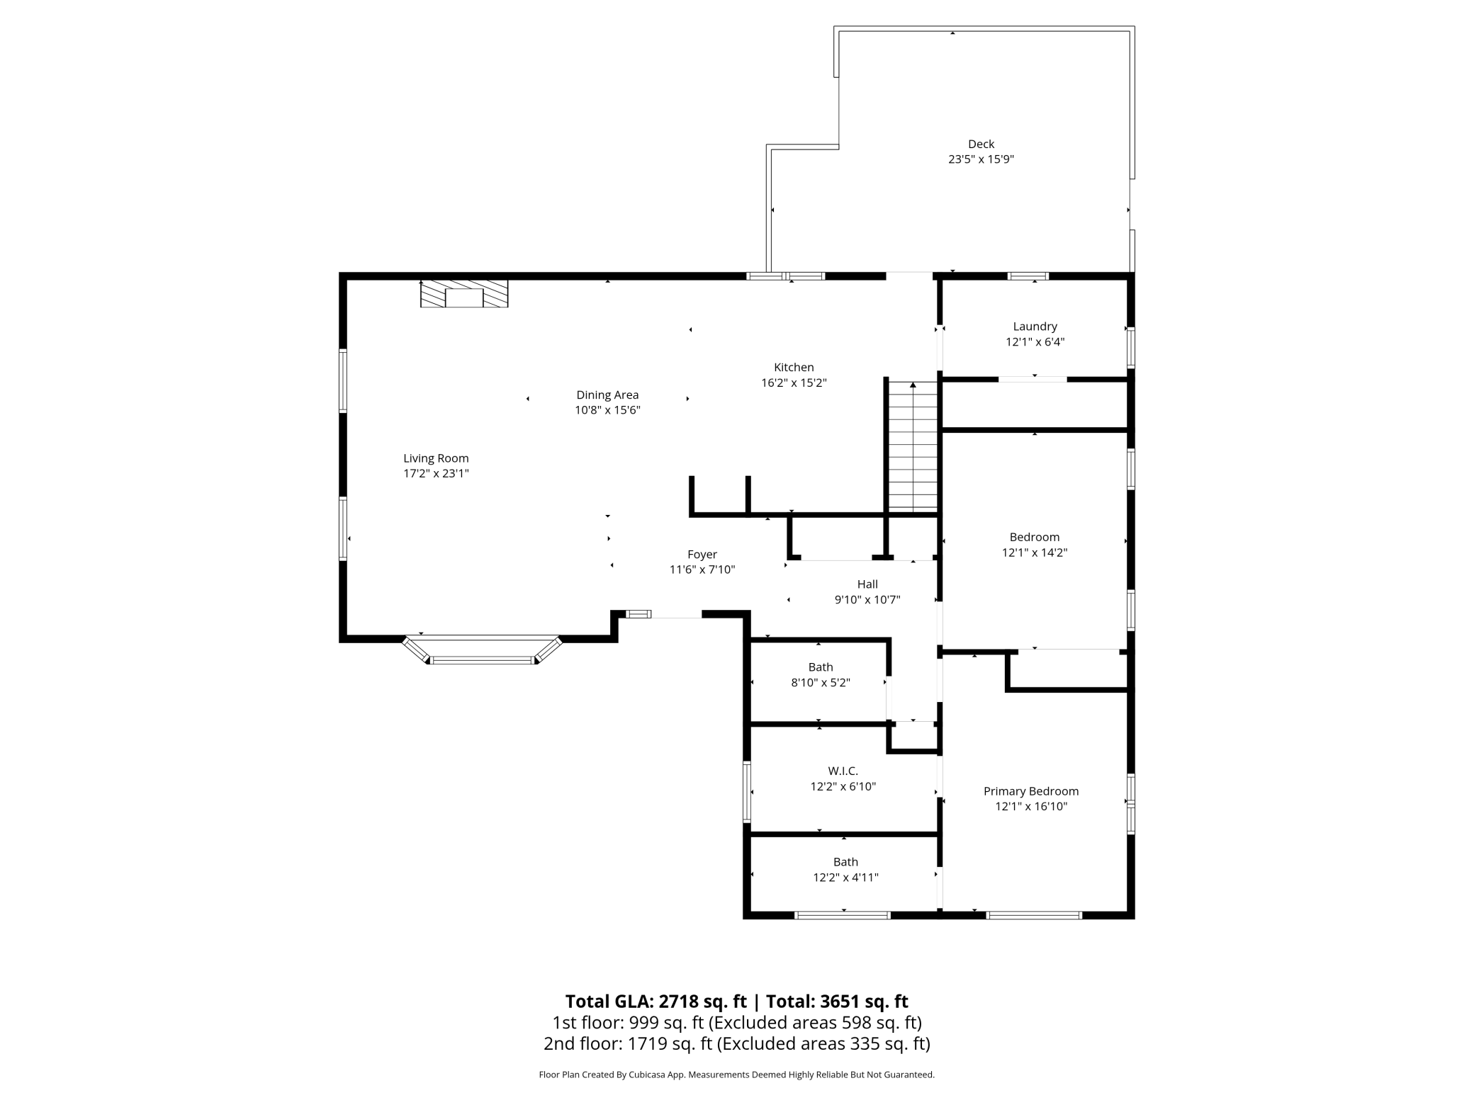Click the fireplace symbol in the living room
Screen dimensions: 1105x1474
[464, 294]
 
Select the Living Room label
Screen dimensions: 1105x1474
[436, 458]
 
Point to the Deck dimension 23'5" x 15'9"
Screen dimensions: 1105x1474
[981, 159]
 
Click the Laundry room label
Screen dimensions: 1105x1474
[1035, 327]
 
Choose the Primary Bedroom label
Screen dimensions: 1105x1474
[1030, 791]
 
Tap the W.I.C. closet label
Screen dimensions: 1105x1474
[843, 771]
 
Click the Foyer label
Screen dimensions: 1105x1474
[702, 555]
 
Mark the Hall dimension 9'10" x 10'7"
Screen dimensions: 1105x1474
[867, 600]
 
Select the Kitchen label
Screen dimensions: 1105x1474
[794, 367]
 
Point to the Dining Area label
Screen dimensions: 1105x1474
[607, 395]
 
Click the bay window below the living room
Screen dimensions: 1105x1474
[483, 659]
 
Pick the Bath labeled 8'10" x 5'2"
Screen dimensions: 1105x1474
[821, 667]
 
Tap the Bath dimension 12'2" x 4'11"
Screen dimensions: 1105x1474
[845, 878]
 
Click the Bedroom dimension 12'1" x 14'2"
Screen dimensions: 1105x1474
[1034, 552]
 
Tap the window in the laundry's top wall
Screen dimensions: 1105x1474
[1028, 276]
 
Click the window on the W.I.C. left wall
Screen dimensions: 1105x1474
[746, 791]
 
